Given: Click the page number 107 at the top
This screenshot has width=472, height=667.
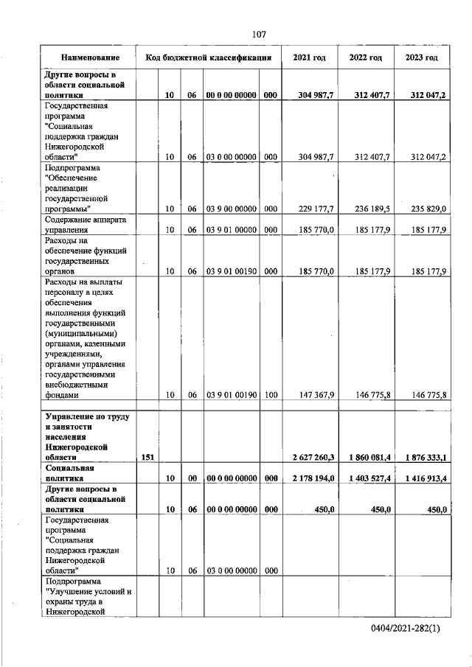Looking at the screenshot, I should tap(258, 34).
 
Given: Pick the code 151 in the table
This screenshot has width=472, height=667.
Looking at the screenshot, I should tap(147, 458).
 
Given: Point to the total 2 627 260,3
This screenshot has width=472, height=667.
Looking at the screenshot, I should tap(310, 458).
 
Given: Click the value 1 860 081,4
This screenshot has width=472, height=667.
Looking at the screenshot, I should tap(366, 458).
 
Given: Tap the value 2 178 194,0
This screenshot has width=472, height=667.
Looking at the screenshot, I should tap(310, 478).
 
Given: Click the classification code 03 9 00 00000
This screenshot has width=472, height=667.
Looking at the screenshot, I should tap(231, 209).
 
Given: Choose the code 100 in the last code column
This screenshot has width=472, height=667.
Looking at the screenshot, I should tap(271, 395).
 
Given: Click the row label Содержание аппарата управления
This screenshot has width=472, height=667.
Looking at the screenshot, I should tap(86, 225).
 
